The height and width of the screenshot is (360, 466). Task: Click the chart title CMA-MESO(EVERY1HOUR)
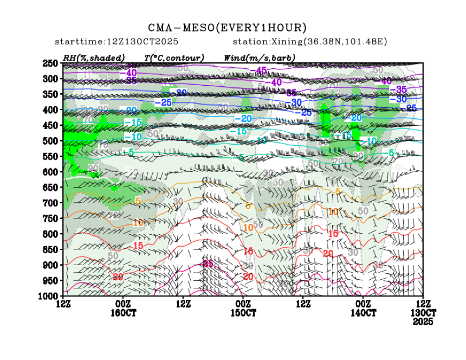(x=227, y=28)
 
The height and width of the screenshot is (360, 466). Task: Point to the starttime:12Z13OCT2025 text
(x=117, y=42)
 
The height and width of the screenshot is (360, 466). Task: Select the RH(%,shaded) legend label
(x=94, y=57)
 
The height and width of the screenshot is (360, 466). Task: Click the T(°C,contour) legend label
(x=174, y=57)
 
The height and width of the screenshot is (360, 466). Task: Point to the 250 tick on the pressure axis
(x=50, y=63)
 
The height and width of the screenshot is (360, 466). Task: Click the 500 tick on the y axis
(x=50, y=141)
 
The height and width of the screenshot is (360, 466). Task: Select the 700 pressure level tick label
(x=50, y=203)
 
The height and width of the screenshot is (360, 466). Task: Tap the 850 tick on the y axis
(x=50, y=249)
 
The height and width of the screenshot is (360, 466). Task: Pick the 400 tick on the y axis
(x=50, y=110)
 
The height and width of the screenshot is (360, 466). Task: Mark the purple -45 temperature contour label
(x=262, y=70)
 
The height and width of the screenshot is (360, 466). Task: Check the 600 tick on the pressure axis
(x=50, y=172)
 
